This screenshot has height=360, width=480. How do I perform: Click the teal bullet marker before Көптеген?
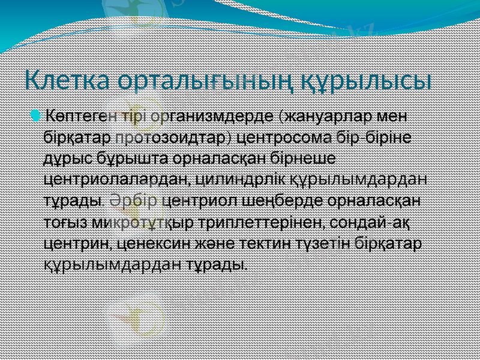click(39, 115)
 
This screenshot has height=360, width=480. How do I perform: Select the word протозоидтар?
click(172, 138)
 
